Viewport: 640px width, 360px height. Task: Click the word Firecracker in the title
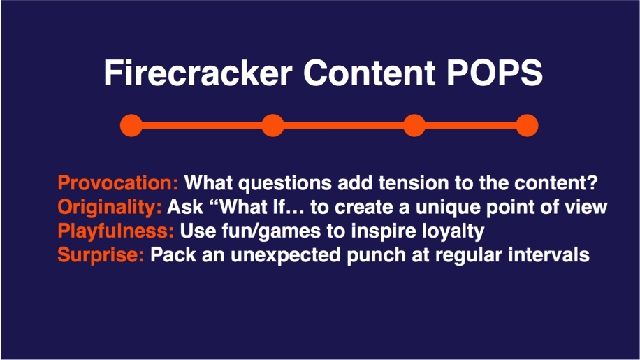click(x=198, y=73)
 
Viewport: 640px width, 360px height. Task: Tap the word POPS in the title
click(x=494, y=73)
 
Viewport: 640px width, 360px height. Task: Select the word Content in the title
click(x=370, y=73)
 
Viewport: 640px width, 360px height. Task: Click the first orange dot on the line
click(x=131, y=125)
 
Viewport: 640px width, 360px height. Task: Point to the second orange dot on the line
click(x=272, y=125)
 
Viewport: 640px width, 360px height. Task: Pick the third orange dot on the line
click(x=414, y=125)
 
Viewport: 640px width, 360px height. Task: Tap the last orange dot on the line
click(x=527, y=125)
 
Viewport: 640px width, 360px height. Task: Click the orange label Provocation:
click(x=118, y=183)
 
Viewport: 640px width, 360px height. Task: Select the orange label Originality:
click(x=110, y=208)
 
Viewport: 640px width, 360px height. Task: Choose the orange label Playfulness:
click(x=116, y=231)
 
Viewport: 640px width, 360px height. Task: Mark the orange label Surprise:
click(x=101, y=255)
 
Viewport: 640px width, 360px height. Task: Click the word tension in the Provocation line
click(x=414, y=183)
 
